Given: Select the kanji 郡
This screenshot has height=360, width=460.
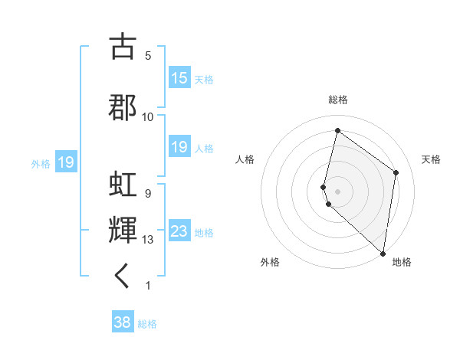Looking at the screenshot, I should pos(123,107).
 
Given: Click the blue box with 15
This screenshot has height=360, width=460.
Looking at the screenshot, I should pos(179,78).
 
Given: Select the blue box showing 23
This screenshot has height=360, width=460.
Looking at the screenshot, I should pos(179,231).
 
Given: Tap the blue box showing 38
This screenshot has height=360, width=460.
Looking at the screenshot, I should pos(123,322).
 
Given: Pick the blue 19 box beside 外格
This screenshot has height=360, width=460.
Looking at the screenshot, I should pos(65,162).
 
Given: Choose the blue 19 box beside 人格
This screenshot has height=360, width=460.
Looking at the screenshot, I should pos(179,147).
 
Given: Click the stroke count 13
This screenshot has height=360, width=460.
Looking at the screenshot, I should pos(148,240).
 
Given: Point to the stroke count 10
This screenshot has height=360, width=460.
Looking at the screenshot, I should pos(148,116).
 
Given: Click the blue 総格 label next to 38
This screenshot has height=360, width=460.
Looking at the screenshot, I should pos(147,324).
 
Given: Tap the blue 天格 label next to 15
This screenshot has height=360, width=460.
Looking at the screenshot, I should pos(204,80).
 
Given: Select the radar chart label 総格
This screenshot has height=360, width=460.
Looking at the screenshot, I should pos(338,100).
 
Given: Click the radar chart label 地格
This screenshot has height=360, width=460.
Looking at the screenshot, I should pos(402,262).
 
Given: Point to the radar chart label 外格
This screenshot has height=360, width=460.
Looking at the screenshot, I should pos(270,262).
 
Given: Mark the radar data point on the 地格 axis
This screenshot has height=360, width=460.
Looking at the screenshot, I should pos(383,254).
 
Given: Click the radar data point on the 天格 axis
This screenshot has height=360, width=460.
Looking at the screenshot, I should pos(396,172).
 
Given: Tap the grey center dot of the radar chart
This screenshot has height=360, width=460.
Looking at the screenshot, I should pos(338,190).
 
